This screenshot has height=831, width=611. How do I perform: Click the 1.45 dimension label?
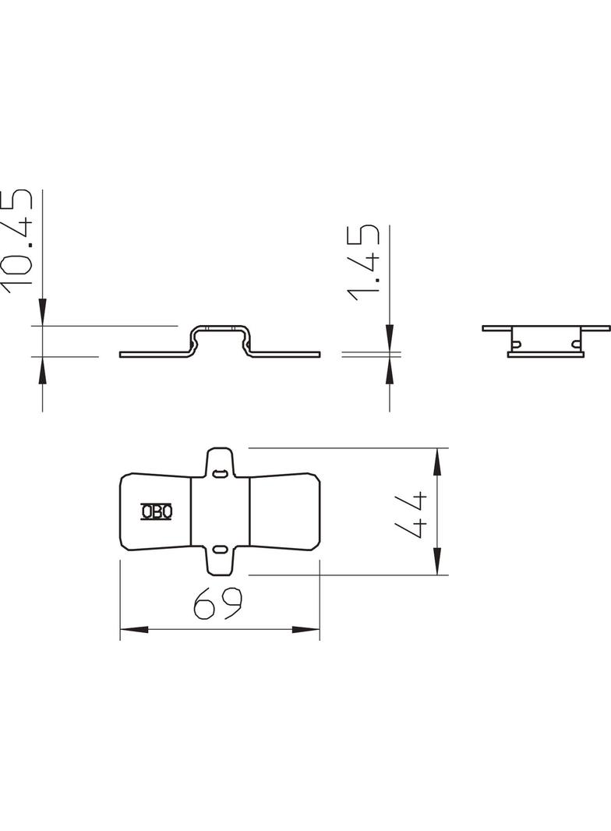(363, 263)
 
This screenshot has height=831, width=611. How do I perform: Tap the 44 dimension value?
(412, 515)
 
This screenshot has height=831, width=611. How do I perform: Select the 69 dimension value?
(217, 603)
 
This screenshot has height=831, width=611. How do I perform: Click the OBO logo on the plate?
(157, 511)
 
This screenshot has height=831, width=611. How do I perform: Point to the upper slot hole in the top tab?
(219, 472)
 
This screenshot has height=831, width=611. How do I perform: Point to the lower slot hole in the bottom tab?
(219, 549)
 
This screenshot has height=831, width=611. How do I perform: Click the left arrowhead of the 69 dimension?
(133, 630)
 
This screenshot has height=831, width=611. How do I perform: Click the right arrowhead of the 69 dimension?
(305, 630)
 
